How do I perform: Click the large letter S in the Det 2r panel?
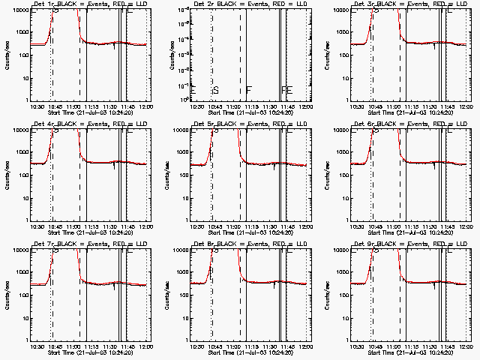(216, 90)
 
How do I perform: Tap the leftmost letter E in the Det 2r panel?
(193, 90)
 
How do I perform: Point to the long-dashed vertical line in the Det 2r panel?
(240, 52)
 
